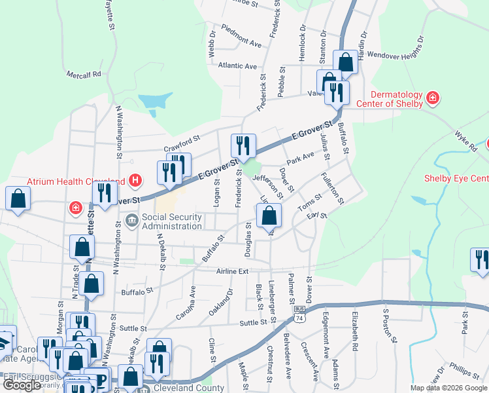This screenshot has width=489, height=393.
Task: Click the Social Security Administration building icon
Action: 131,221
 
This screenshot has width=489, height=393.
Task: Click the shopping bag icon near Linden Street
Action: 269,214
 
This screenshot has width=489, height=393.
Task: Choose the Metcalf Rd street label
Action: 83,74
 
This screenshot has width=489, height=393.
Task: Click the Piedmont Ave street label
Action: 241,36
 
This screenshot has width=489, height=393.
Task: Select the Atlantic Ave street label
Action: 238,65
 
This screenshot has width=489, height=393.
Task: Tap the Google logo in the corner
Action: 22,385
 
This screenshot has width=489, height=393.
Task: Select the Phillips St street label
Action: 464,373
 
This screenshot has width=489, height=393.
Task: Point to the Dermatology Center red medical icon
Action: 432,98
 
